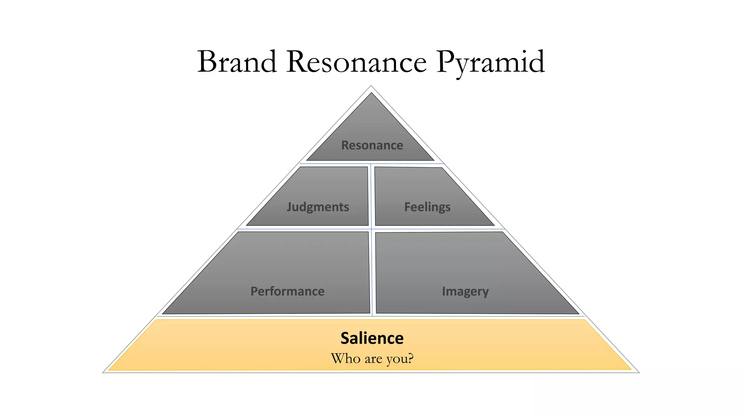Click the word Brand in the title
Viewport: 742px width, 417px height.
(237, 62)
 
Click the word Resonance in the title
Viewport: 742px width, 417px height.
(357, 62)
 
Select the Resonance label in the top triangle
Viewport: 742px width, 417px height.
(372, 145)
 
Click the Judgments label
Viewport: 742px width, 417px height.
(318, 207)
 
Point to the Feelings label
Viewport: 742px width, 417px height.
(427, 207)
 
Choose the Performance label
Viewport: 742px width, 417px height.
(287, 291)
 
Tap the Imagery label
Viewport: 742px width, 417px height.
(465, 291)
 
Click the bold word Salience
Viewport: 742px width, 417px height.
(372, 338)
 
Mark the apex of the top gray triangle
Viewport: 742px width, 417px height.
(371, 93)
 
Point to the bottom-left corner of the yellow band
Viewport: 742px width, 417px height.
(109, 370)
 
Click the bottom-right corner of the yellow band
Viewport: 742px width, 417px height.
(631, 369)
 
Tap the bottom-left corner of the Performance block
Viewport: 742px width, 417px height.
(163, 313)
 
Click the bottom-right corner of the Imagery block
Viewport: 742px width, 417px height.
(578, 313)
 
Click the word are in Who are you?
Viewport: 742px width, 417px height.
(373, 359)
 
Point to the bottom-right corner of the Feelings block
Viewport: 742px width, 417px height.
(494, 225)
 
